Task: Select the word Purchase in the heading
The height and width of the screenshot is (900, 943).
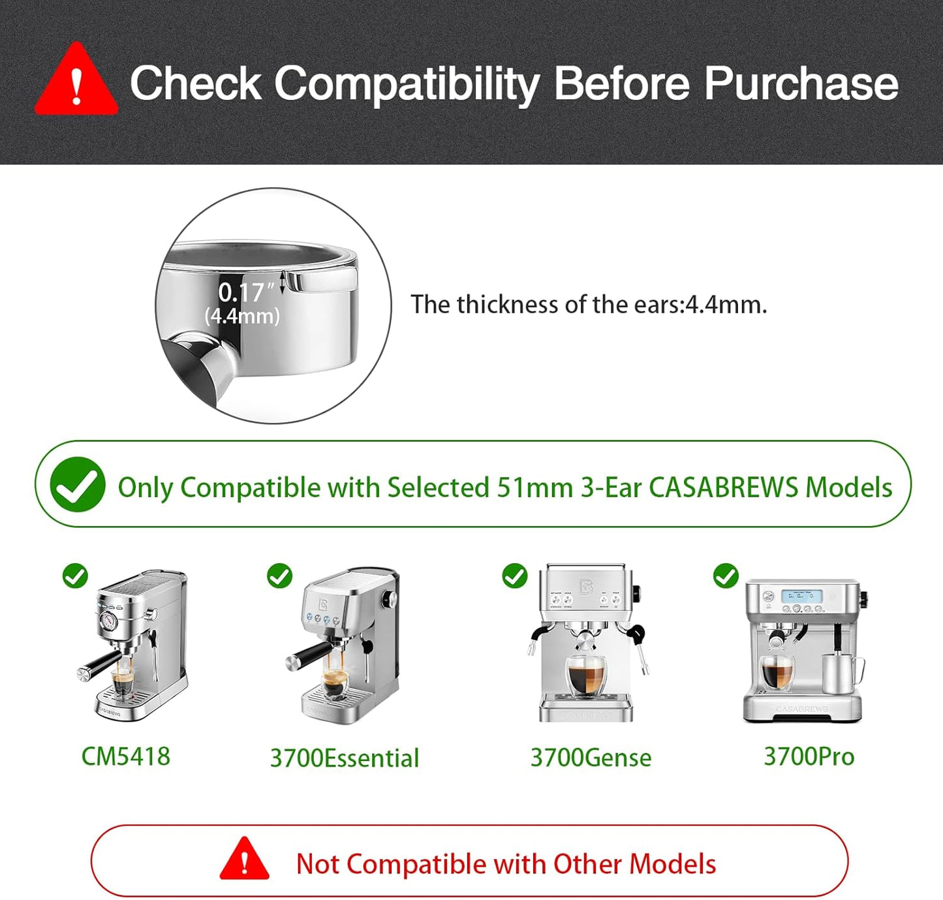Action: click(x=801, y=84)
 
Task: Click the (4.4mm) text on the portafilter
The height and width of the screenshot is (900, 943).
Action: click(x=242, y=317)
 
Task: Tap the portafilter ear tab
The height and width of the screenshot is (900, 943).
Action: click(x=326, y=280)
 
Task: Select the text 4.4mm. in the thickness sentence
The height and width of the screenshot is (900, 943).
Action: click(x=726, y=305)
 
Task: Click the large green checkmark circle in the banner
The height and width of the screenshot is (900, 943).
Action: click(x=78, y=484)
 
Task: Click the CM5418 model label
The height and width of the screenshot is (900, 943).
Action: click(x=125, y=756)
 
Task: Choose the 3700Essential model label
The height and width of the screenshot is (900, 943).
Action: click(x=345, y=758)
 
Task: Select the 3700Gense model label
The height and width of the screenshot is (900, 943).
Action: click(x=591, y=758)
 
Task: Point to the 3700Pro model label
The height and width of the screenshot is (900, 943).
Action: click(x=809, y=756)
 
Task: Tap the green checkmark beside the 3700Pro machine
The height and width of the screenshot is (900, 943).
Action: click(x=726, y=576)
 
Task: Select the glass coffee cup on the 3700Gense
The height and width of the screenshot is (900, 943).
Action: click(x=586, y=676)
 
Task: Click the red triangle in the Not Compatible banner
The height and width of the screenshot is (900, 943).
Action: click(x=244, y=860)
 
